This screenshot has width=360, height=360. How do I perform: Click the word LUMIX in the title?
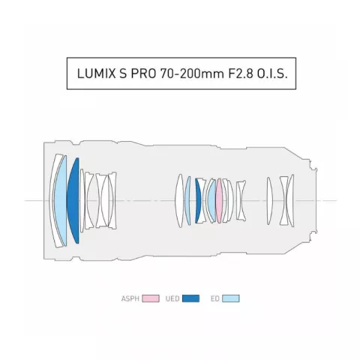pyautogui.click(x=96, y=73)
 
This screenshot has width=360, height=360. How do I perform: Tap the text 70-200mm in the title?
pyautogui.click(x=192, y=73)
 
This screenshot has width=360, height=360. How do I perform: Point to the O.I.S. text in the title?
pyautogui.click(x=272, y=73)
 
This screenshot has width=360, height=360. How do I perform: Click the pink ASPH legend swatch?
pyautogui.click(x=151, y=298)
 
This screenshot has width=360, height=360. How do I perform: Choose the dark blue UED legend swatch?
pyautogui.click(x=190, y=298)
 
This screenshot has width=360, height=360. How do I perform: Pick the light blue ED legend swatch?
pyautogui.click(x=231, y=298)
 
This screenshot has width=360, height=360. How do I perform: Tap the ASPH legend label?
pyautogui.click(x=130, y=298)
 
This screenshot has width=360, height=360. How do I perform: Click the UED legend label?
pyautogui.click(x=172, y=298)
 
